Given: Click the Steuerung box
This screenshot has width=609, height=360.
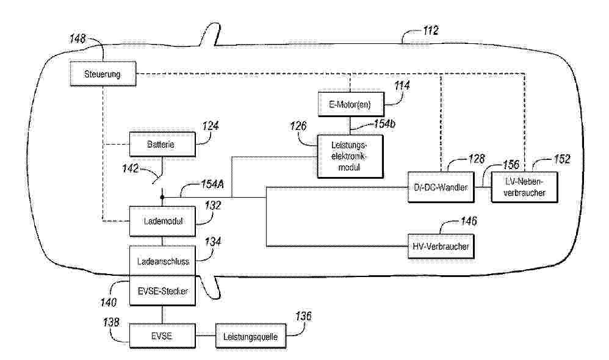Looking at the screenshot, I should [x=102, y=74].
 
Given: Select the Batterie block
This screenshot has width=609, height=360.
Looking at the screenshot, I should [x=161, y=145].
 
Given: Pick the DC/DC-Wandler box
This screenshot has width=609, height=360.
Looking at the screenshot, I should [x=441, y=187].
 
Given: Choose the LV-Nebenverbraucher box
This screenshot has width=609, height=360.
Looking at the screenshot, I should [x=524, y=187].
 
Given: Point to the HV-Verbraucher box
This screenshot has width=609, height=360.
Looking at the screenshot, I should [x=441, y=246].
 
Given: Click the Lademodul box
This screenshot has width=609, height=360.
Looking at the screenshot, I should [x=161, y=221].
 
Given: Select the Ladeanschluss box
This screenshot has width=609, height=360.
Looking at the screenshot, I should [x=161, y=261].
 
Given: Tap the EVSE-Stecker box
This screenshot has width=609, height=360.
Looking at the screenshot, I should [x=161, y=291].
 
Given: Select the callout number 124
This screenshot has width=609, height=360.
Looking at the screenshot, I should [x=211, y=126].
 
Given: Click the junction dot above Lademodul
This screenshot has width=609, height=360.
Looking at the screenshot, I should [x=162, y=197].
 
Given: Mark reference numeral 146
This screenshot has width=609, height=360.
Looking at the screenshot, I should [x=468, y=222].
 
